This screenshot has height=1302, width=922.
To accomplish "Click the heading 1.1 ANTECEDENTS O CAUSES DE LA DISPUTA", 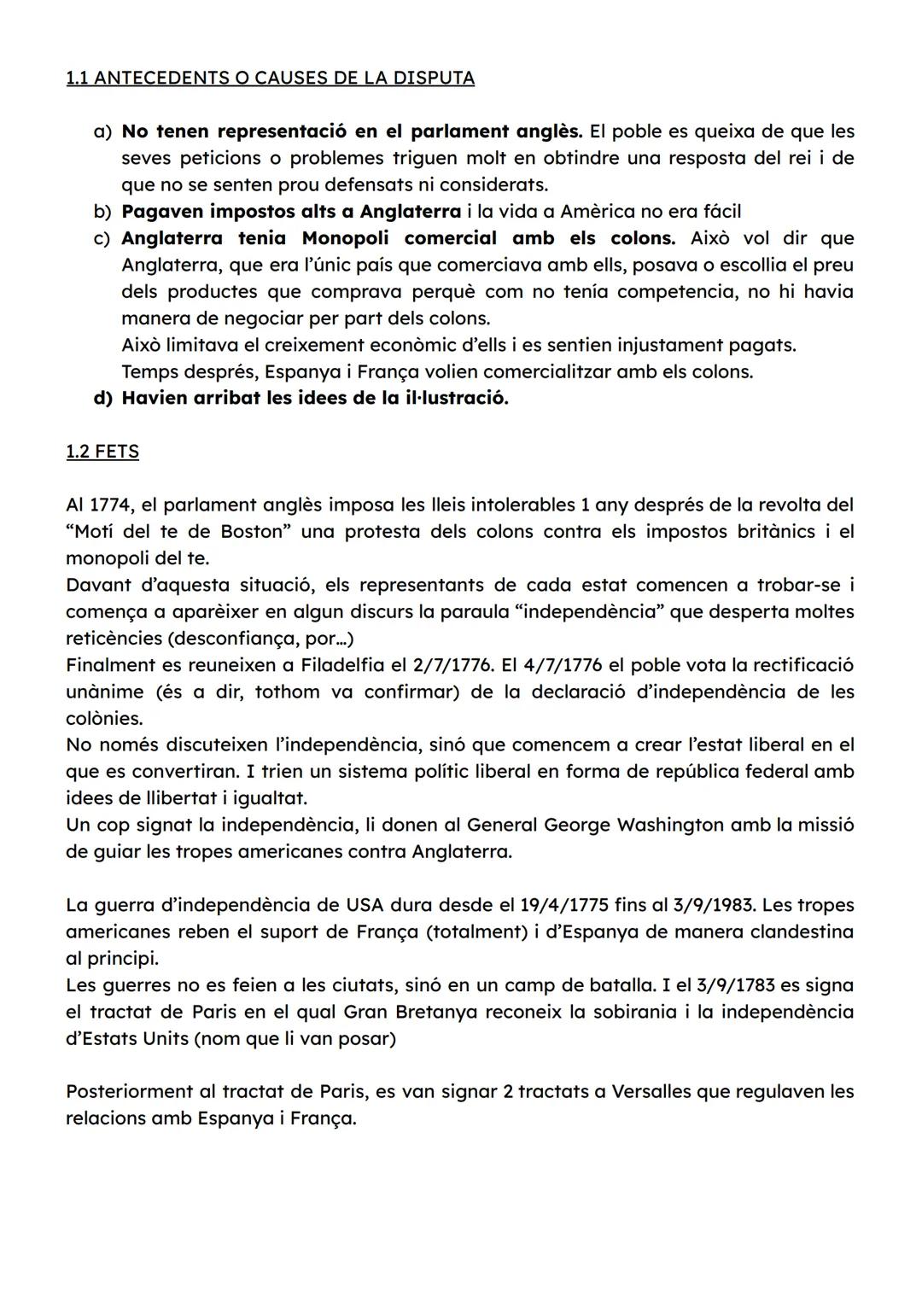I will tap(270, 78).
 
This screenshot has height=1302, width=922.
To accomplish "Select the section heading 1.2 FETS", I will tap(102, 451).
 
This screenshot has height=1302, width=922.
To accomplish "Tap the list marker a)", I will tap(102, 131).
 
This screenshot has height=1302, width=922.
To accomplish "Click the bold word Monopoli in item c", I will tap(345, 237).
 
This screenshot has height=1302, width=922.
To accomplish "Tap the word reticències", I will tap(114, 638).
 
